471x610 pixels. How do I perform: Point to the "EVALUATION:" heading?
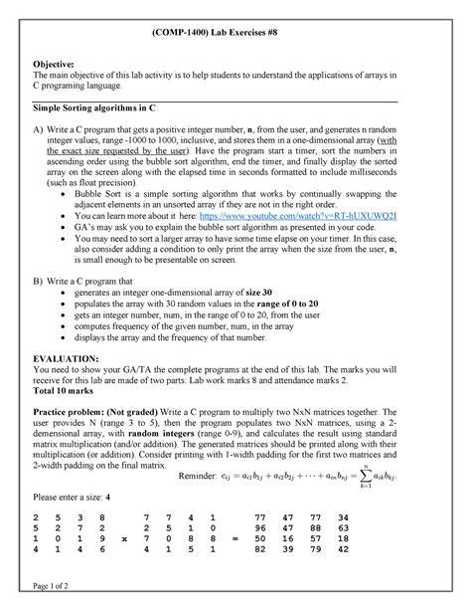click(68, 357)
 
